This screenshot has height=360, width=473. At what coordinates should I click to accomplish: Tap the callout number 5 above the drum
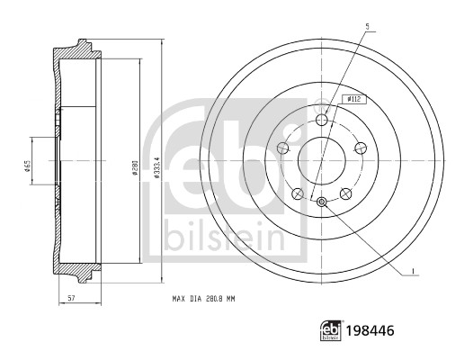point(367,26)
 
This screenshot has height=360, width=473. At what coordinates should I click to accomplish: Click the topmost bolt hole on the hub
point(322,121)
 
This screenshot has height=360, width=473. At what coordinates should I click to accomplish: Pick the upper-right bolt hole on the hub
point(361,148)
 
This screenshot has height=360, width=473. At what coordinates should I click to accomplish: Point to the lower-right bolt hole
point(346,190)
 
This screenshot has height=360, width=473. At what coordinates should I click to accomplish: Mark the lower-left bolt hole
point(298,190)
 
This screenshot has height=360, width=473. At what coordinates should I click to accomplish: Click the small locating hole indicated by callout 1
point(322,201)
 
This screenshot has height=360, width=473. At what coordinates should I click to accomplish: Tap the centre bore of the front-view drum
point(322,160)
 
